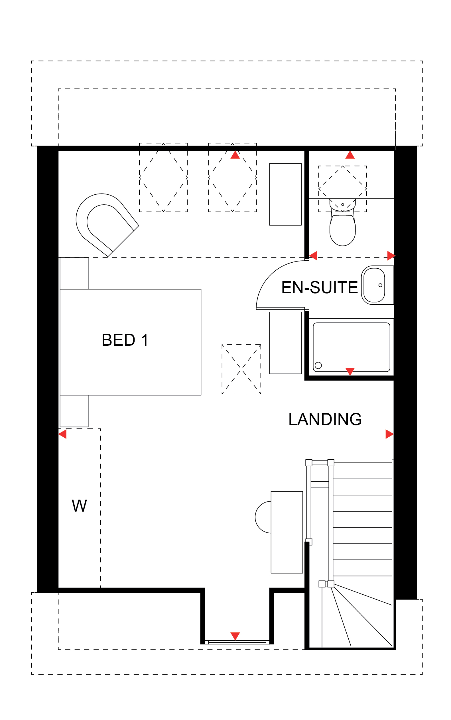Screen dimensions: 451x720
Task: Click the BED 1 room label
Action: pyautogui.click(x=125, y=340)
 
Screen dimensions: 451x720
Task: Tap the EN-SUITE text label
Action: pyautogui.click(x=320, y=287)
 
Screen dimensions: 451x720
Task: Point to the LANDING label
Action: pyautogui.click(x=325, y=419)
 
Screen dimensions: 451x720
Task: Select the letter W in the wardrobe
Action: pyautogui.click(x=79, y=506)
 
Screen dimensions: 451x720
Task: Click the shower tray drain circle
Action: pyautogui.click(x=318, y=365)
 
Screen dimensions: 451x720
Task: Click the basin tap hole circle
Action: pyautogui.click(x=380, y=285)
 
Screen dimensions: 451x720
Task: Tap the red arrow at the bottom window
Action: pyautogui.click(x=235, y=636)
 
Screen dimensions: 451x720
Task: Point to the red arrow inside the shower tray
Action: pyautogui.click(x=350, y=371)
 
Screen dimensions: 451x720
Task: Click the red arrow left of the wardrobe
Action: pyautogui.click(x=62, y=434)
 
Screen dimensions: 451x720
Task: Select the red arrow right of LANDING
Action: pyautogui.click(x=389, y=434)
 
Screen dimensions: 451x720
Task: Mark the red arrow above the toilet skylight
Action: pyautogui.click(x=350, y=155)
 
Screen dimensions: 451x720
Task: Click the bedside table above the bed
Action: pyautogui.click(x=74, y=273)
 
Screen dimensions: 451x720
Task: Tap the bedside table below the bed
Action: pyautogui.click(x=74, y=411)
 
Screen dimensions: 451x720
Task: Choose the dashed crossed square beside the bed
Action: pyautogui.click(x=241, y=369)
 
